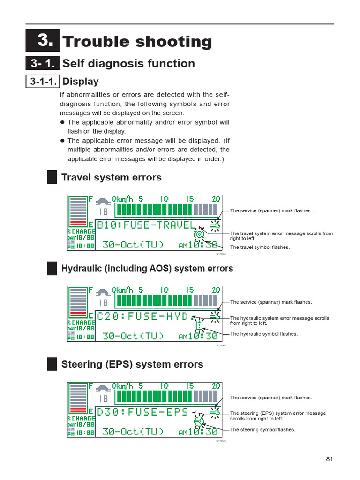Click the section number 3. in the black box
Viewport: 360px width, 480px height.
(x=43, y=41)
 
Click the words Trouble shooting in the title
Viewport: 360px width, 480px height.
(x=137, y=42)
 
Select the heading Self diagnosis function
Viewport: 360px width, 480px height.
(x=128, y=64)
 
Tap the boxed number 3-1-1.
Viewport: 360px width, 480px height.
(x=43, y=82)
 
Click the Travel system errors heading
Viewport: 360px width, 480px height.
(x=112, y=177)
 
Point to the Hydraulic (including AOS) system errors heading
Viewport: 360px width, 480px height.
(x=147, y=269)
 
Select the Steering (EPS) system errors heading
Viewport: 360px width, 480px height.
(x=132, y=364)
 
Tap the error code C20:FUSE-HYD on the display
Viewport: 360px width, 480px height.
(x=142, y=316)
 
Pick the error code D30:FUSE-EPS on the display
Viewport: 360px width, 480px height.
(x=142, y=412)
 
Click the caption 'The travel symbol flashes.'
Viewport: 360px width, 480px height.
(x=260, y=247)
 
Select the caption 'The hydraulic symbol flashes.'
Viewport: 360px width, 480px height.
(x=263, y=334)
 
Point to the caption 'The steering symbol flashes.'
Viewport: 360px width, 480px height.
(x=262, y=430)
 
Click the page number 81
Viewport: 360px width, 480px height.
(x=329, y=459)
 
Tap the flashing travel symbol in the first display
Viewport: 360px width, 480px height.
(x=199, y=234)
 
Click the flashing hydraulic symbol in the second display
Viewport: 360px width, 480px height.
(x=199, y=325)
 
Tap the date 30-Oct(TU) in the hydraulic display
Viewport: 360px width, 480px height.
(x=133, y=336)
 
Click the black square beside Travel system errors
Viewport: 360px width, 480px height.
(x=52, y=177)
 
